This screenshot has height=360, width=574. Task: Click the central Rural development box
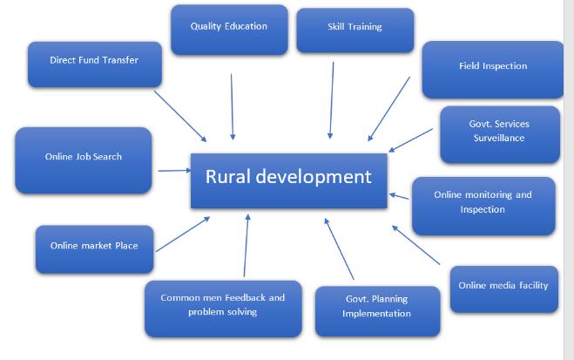[288, 180]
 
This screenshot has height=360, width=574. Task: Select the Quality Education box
[229, 29]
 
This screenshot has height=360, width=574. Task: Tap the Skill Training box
[355, 29]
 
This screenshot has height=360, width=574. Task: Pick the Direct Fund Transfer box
[94, 63]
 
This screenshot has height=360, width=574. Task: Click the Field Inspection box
[493, 68]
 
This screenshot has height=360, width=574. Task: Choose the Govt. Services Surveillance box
[498, 133]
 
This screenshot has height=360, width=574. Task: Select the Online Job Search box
[84, 159]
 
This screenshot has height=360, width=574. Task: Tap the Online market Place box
[94, 248]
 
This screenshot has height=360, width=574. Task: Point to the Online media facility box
[503, 288]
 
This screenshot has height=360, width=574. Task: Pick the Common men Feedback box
[223, 307]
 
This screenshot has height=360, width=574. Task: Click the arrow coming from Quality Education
[232, 106]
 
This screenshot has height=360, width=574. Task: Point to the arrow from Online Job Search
[173, 171]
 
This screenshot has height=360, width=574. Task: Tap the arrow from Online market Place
[182, 233]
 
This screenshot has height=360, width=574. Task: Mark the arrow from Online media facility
[416, 244]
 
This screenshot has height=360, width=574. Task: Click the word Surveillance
[498, 139]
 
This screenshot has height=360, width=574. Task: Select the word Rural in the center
[227, 178]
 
